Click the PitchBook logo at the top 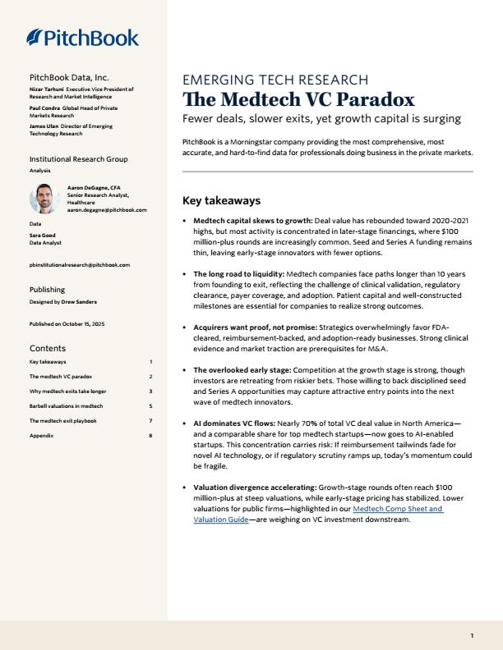click(x=83, y=37)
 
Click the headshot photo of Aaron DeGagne click(x=43, y=199)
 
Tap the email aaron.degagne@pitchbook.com click(x=107, y=209)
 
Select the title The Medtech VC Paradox click(x=298, y=100)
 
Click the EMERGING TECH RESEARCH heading click(x=275, y=80)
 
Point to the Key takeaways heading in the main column click(x=220, y=200)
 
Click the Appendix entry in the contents click(x=40, y=436)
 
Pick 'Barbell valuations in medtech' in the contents click(x=66, y=405)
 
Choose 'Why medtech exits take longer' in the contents click(x=67, y=391)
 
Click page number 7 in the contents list click(x=150, y=421)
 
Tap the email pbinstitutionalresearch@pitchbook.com click(x=79, y=265)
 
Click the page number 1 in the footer click(x=472, y=635)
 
